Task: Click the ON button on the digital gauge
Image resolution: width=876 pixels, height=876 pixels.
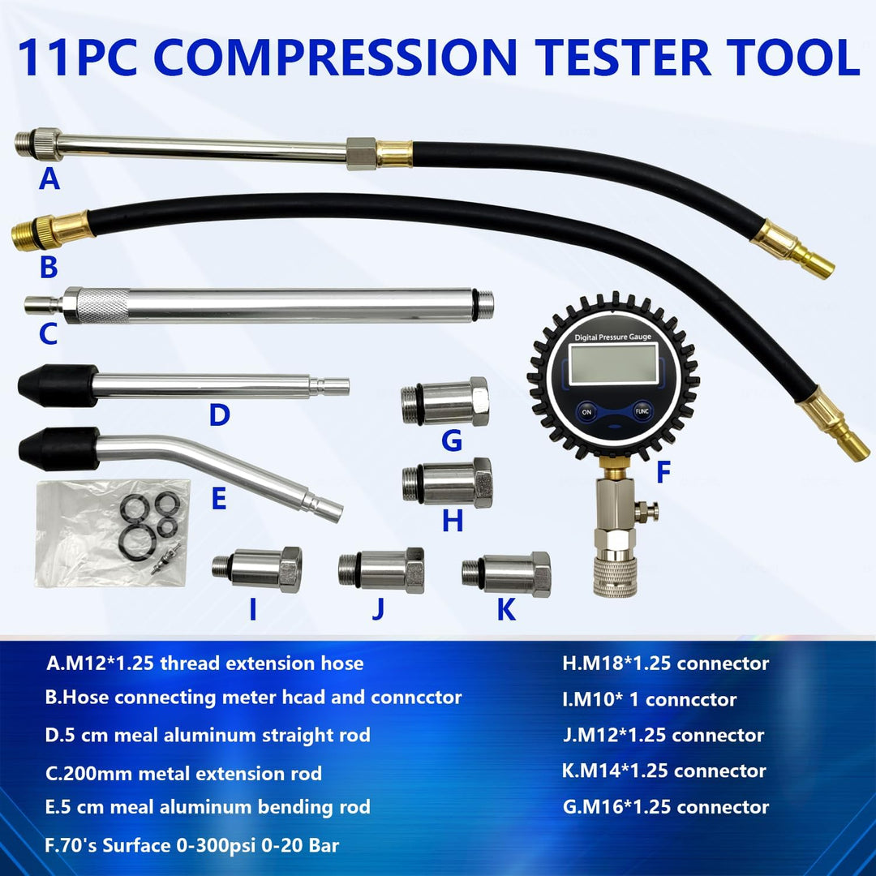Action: click(x=586, y=412)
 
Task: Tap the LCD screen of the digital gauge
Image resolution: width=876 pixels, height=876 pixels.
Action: click(x=613, y=364)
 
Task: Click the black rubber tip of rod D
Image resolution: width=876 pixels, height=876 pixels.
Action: click(x=58, y=385)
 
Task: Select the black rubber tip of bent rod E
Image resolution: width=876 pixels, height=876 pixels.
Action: click(x=59, y=449)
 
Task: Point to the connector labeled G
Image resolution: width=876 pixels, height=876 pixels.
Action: click(x=445, y=401)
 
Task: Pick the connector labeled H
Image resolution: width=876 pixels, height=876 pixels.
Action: click(x=448, y=483)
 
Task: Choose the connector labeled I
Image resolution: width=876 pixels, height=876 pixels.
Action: click(x=257, y=569)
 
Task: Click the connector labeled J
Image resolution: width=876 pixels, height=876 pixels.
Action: click(x=381, y=570)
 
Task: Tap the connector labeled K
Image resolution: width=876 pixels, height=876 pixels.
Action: click(x=507, y=573)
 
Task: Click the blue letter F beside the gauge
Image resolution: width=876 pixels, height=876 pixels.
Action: click(x=663, y=472)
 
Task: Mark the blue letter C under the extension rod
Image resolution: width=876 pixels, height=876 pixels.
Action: click(x=48, y=334)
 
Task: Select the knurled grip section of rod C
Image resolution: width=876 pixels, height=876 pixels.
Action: click(x=102, y=306)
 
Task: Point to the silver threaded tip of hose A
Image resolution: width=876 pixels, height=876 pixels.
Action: click(x=24, y=144)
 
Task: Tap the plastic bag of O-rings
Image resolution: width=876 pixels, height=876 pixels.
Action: click(x=112, y=533)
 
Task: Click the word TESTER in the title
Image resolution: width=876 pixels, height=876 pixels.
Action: click(x=622, y=57)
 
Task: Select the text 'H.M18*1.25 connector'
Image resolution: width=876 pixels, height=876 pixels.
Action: click(x=665, y=663)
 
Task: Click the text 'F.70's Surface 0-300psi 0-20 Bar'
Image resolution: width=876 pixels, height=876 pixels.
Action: click(x=191, y=845)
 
